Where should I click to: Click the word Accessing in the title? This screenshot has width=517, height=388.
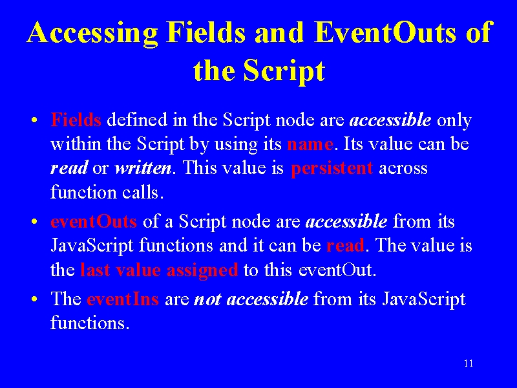click(92, 34)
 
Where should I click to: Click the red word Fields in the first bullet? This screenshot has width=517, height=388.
click(76, 120)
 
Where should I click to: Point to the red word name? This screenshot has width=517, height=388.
click(310, 144)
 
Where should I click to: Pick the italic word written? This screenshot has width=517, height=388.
click(143, 167)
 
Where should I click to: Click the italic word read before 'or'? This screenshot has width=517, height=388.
click(69, 167)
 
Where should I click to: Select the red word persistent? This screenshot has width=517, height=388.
click(332, 169)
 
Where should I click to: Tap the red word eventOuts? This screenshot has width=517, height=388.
click(94, 221)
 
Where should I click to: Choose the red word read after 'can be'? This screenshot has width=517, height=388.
click(345, 245)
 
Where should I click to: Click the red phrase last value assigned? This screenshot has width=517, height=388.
click(159, 270)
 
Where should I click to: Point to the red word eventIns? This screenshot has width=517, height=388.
click(123, 299)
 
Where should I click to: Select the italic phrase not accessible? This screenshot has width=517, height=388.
click(251, 299)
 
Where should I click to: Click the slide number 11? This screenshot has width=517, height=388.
click(469, 363)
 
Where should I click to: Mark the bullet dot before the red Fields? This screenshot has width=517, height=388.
click(34, 120)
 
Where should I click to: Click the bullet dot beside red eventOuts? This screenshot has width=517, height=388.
click(34, 222)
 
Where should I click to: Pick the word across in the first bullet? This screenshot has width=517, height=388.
click(403, 169)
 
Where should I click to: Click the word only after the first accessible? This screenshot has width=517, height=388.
click(454, 120)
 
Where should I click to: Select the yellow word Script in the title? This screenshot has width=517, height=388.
click(284, 71)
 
